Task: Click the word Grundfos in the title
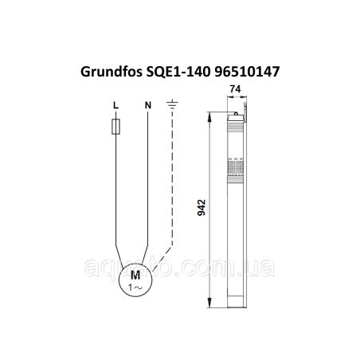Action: [112, 72]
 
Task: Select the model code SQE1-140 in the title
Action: [178, 72]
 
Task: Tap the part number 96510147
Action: [247, 72]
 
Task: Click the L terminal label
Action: [115, 105]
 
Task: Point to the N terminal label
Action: [148, 105]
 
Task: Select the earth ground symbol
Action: [172, 104]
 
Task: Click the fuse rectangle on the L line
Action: [115, 127]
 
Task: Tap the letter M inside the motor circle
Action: [135, 276]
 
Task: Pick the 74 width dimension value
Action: [235, 89]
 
